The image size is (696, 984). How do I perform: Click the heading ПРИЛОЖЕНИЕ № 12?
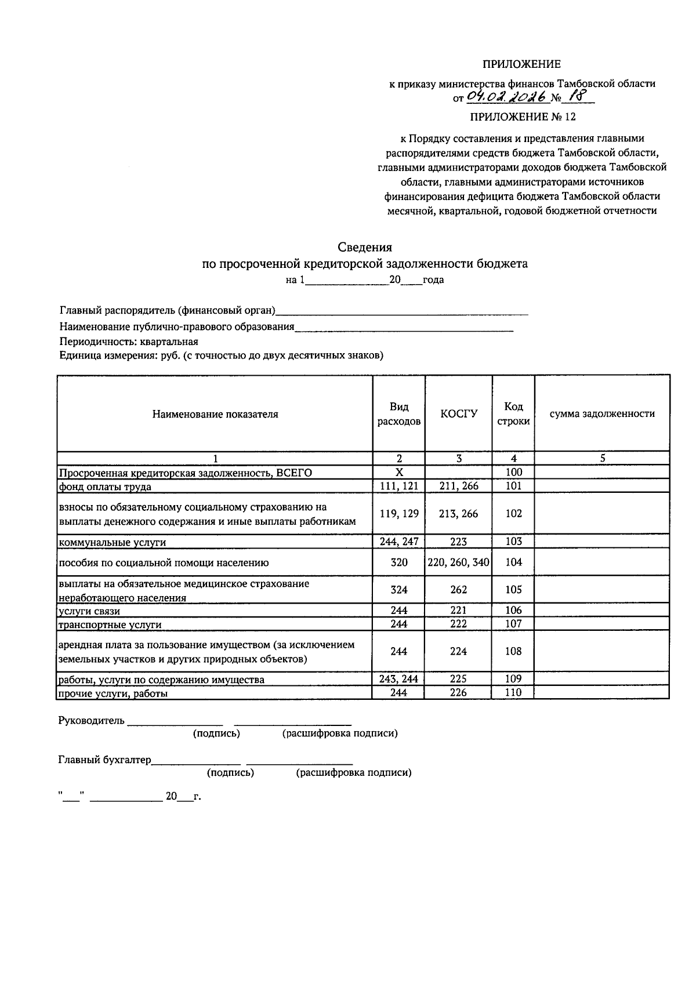coord(522,117)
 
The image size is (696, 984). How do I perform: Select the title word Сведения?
coord(364,248)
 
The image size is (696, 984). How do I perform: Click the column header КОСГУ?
coord(458,414)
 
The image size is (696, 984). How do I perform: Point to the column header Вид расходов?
coord(398,414)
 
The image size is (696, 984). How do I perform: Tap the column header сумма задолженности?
coord(601,414)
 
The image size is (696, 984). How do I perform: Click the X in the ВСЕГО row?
coord(398,473)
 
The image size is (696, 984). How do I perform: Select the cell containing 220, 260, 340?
coord(458,562)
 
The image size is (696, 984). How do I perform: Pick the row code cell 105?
coord(513,590)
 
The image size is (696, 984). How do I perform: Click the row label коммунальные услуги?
coord(112,543)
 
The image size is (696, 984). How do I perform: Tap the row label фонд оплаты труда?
coord(104,487)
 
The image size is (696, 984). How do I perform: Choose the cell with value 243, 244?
coord(398,679)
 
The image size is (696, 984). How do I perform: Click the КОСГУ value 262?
coord(458,590)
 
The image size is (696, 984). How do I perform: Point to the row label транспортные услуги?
coord(110,625)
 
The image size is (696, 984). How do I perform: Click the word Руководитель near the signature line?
coord(91,721)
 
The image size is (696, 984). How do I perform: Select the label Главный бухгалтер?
coord(104,760)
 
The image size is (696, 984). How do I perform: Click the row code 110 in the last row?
coord(513,693)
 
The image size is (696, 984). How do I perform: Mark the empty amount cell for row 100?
coord(601,473)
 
